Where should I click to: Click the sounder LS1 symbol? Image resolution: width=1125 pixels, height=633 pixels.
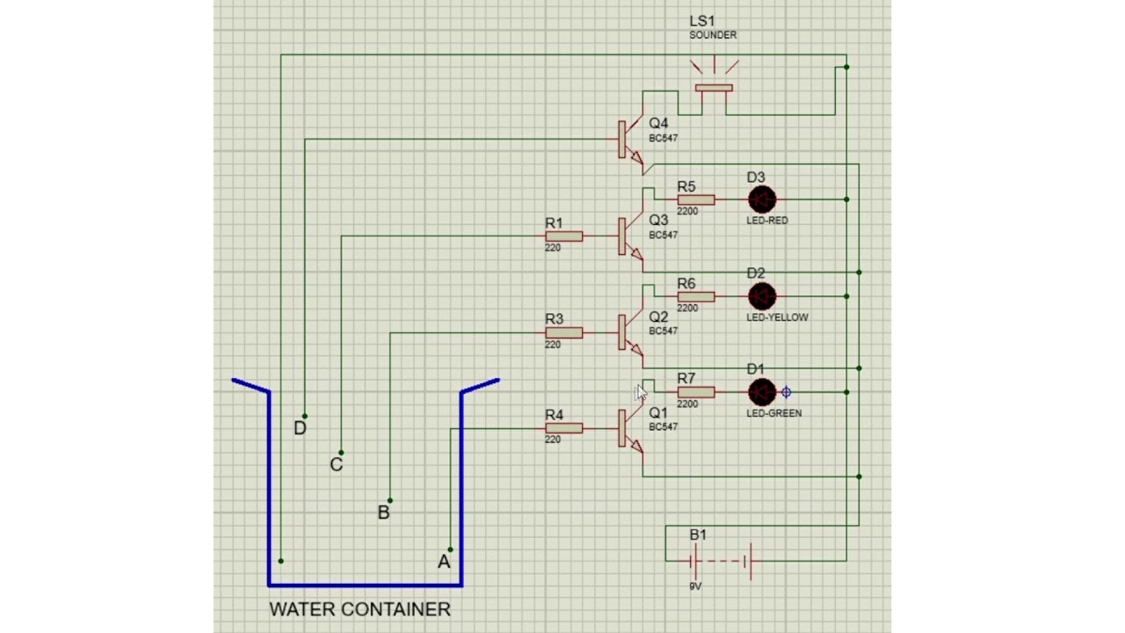point(714,88)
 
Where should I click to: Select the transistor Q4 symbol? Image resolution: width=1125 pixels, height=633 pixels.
point(628,139)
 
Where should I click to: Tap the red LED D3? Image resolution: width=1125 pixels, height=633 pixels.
point(761,200)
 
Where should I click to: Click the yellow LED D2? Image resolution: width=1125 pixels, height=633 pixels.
point(761,296)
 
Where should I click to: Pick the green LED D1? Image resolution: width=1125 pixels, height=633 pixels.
point(761,392)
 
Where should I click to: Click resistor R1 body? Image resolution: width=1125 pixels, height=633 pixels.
point(563,236)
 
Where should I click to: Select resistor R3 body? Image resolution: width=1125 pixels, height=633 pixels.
point(563,332)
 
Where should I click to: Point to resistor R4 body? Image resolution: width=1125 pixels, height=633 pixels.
point(563,428)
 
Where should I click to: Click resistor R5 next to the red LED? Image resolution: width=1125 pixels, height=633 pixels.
point(696,200)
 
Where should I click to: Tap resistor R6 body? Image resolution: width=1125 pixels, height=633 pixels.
point(696,296)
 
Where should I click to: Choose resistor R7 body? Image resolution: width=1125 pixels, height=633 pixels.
point(696,392)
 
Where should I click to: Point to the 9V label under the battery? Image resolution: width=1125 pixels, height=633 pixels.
point(695,586)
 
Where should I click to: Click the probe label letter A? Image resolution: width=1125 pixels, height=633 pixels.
point(444,562)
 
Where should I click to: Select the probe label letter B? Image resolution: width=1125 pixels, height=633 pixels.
point(383,513)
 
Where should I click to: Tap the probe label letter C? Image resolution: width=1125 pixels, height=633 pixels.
point(336,465)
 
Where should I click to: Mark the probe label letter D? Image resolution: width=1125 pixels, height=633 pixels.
point(300,428)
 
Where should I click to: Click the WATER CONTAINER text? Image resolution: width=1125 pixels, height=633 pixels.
point(359,609)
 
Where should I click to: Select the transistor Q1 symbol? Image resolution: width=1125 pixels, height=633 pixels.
point(628,429)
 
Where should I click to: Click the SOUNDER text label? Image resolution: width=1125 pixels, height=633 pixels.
point(712,35)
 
